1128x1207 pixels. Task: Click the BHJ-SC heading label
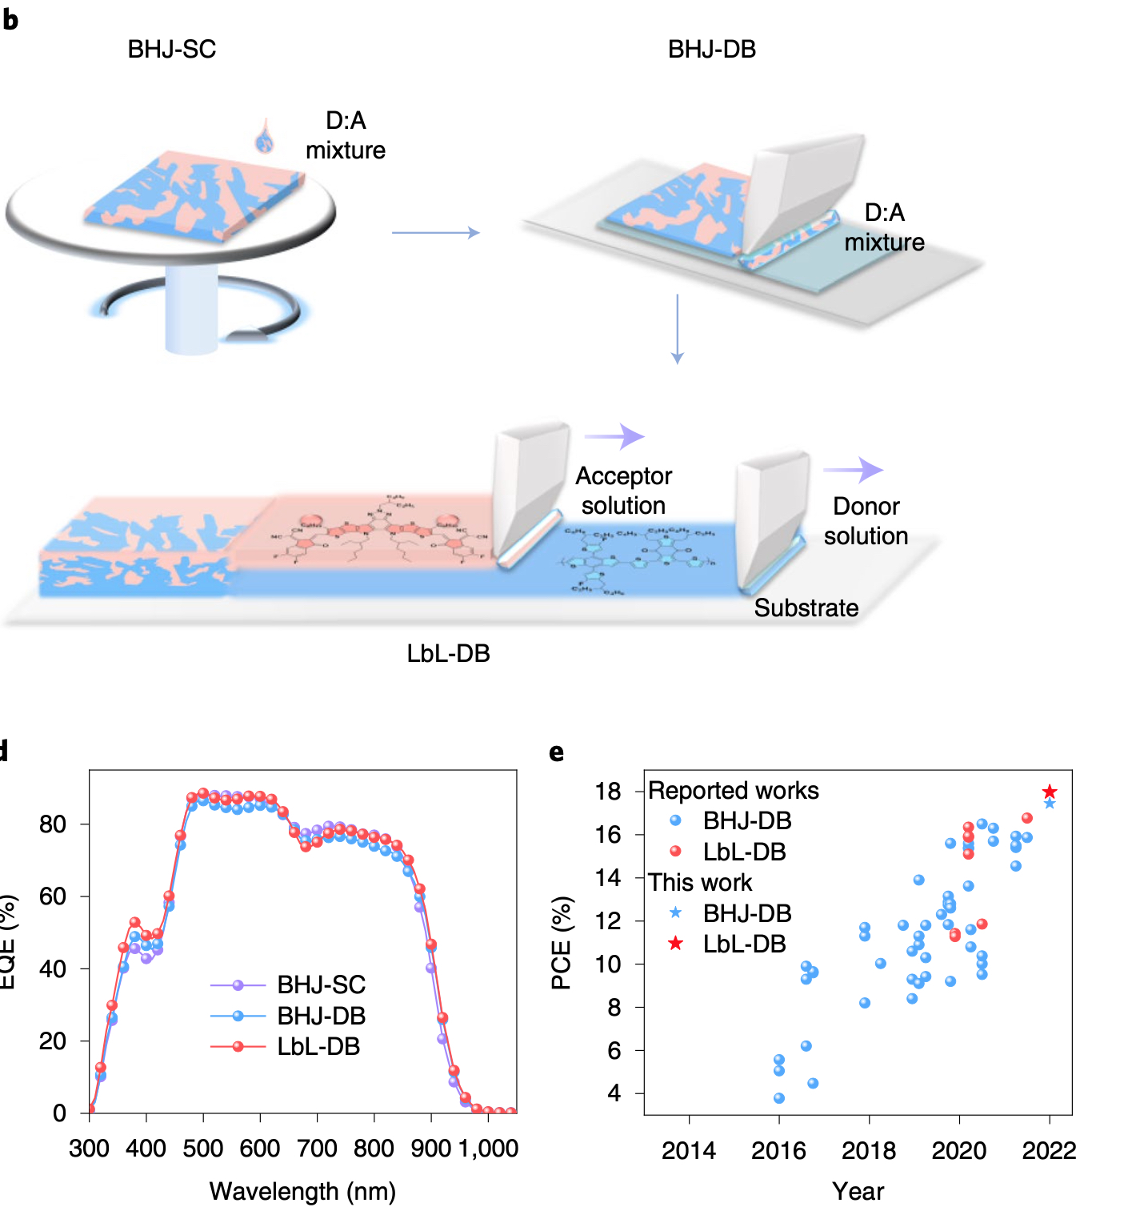click(x=172, y=50)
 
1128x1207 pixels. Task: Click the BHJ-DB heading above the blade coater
click(x=711, y=50)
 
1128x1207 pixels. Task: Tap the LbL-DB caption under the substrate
click(x=448, y=654)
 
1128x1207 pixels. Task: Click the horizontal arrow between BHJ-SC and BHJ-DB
click(x=435, y=233)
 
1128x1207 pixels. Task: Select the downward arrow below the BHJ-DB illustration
click(x=678, y=329)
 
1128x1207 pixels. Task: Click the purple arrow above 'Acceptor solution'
click(x=614, y=436)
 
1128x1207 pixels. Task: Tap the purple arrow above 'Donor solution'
click(x=854, y=470)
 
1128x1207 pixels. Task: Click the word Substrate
click(x=806, y=608)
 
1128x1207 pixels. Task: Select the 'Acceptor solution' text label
click(x=624, y=491)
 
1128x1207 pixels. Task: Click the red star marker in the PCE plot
click(x=1050, y=792)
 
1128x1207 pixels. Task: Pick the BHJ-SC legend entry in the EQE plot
click(x=288, y=984)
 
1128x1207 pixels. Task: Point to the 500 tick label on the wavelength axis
click(x=203, y=1149)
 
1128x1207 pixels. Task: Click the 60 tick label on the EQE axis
click(x=53, y=896)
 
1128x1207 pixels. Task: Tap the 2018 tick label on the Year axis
click(x=869, y=1150)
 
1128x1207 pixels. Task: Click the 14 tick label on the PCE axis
click(x=608, y=878)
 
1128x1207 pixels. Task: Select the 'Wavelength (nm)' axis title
click(x=302, y=1191)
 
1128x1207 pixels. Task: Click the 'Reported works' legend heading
click(x=734, y=791)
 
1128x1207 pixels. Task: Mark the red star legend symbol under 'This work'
click(x=676, y=944)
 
